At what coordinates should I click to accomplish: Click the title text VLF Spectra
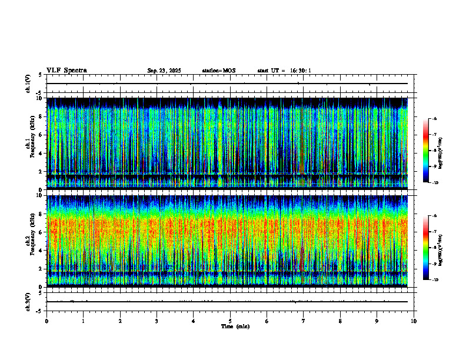[x=66, y=70]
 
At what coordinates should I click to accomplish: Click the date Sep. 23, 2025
[x=164, y=71]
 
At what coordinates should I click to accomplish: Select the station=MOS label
[x=218, y=71]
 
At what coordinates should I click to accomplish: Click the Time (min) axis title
[x=235, y=326]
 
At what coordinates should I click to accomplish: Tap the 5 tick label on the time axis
[x=230, y=321]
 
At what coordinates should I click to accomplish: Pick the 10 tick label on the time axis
[x=414, y=321]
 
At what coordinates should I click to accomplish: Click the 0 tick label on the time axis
[x=46, y=321]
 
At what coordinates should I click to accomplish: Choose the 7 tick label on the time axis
[x=304, y=321]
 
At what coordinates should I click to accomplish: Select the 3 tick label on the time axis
[x=157, y=321]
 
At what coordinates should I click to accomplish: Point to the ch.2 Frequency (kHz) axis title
[x=32, y=241]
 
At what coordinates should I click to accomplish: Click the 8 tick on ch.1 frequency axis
[x=40, y=116]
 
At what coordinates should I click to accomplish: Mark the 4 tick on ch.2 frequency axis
[x=40, y=250]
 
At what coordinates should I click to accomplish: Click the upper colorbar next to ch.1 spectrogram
[x=425, y=151]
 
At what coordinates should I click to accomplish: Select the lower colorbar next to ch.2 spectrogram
[x=425, y=247]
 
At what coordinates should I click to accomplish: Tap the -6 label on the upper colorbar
[x=434, y=119]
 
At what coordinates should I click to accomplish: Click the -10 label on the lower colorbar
[x=435, y=279]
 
